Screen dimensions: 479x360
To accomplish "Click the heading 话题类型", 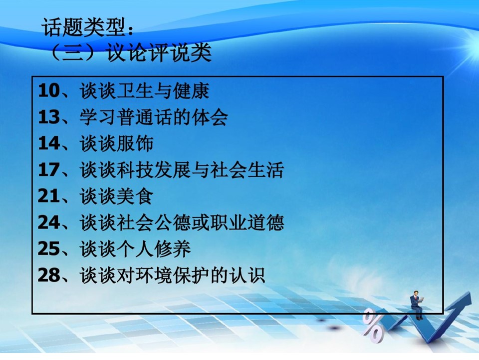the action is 83,27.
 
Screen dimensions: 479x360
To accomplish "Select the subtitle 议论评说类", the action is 159,52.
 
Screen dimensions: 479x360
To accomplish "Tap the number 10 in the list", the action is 49,90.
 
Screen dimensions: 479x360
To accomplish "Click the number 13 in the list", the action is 49,117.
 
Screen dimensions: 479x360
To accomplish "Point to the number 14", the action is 49,143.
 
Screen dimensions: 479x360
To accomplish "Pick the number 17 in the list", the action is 49,169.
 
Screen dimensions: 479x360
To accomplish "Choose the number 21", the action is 49,196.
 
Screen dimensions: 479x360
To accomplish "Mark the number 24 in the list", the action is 49,222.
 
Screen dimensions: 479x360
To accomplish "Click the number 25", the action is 49,248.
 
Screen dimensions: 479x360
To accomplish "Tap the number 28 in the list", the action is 49,275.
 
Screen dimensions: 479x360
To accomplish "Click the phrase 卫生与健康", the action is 163,90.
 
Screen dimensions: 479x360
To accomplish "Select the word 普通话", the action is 145,117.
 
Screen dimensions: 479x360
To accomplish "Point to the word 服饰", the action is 135,143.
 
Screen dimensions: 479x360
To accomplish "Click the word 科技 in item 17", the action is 135,170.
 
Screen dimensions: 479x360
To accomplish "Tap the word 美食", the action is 135,196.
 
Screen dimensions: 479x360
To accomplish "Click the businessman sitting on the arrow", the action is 417,305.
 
